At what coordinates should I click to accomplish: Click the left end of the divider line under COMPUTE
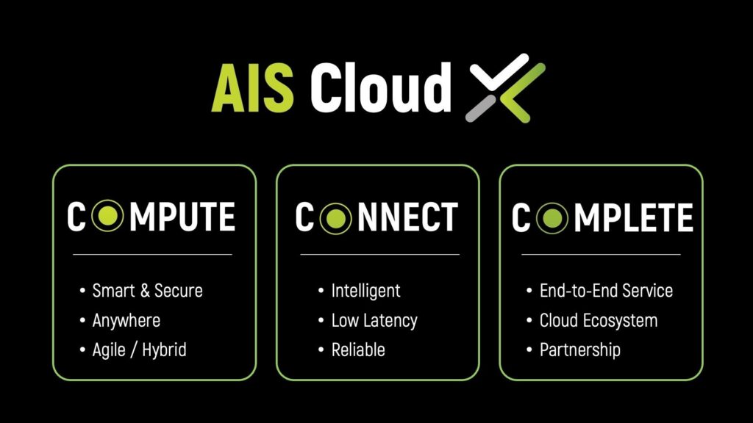point(73,254)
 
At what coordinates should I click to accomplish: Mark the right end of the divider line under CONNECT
point(460,254)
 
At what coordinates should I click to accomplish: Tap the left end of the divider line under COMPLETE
point(521,254)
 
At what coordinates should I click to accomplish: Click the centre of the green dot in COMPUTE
point(107,216)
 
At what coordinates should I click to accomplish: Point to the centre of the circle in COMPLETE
point(552,217)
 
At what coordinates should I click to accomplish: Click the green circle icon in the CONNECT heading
point(335,218)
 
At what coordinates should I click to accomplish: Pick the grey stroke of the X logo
point(481,108)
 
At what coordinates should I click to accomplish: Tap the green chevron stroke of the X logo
point(522,92)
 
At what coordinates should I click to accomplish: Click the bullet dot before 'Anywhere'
point(82,320)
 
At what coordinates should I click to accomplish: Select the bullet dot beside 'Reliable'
point(321,350)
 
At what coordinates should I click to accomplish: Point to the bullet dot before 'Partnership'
point(529,350)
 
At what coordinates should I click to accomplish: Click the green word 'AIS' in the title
point(253,88)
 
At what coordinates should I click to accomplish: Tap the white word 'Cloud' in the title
point(380,87)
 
